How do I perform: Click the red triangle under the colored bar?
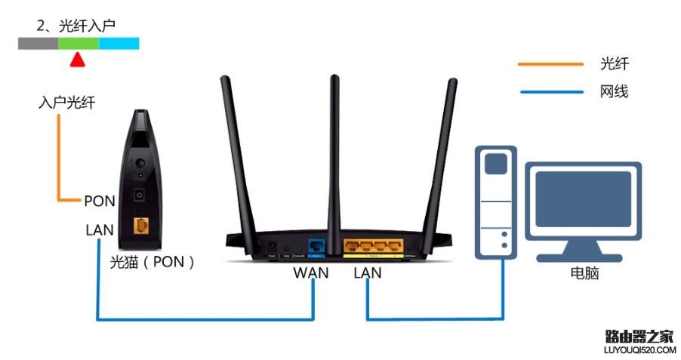coord(76,60)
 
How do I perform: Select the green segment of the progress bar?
coord(79,44)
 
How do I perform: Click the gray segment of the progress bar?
coord(39,44)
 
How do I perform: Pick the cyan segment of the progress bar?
coord(119,44)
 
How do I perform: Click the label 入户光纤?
coord(67,103)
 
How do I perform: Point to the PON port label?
coord(99,201)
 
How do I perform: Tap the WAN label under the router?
coord(311,272)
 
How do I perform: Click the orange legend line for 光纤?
coord(550,65)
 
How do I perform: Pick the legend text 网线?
coord(615,92)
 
